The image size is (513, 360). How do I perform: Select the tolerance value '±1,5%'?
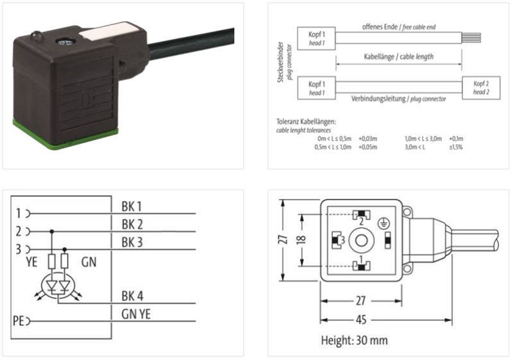tap(456, 147)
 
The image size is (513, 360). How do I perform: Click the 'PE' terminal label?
tap(18, 320)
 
